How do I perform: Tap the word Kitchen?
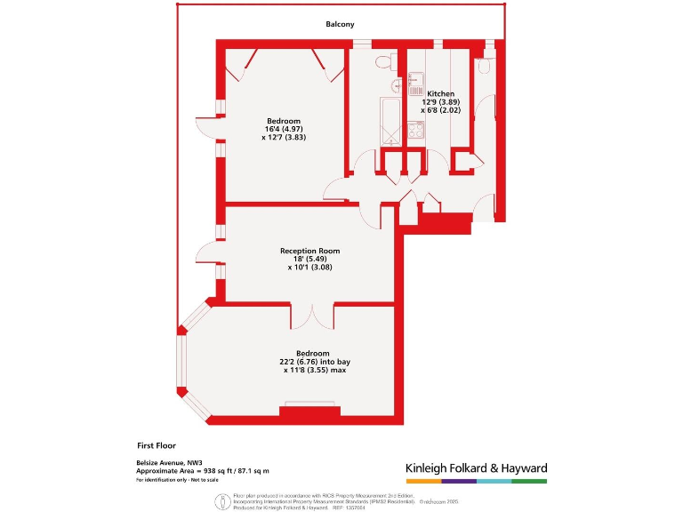click(x=440, y=93)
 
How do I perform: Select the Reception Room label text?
click(x=309, y=252)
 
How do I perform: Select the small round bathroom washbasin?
click(x=396, y=87)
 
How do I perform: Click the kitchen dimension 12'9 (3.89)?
click(x=441, y=101)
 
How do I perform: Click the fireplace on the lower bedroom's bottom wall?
click(x=309, y=410)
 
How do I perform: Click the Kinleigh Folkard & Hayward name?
click(x=476, y=468)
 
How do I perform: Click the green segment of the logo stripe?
click(x=529, y=481)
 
